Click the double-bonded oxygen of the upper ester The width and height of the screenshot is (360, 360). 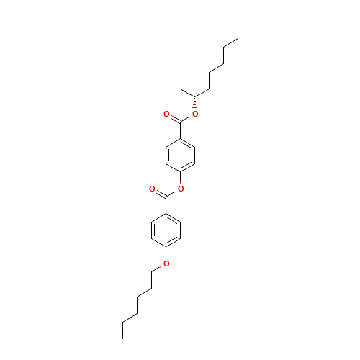pyautogui.click(x=166, y=114)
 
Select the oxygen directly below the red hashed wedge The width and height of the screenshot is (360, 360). pyautogui.click(x=195, y=114)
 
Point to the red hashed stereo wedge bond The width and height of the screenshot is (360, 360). pyautogui.click(x=195, y=105)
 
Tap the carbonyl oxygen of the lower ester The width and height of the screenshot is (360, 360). pyautogui.click(x=152, y=189)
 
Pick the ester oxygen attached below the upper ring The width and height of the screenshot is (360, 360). pyautogui.click(x=181, y=189)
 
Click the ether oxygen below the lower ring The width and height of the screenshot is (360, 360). pyautogui.click(x=166, y=264)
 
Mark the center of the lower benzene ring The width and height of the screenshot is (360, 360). pyautogui.click(x=166, y=230)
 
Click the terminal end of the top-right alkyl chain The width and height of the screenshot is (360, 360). pyautogui.click(x=238, y=39)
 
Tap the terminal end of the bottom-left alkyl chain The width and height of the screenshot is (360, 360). pyautogui.click(x=123, y=321)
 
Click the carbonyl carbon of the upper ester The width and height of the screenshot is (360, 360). pyautogui.click(x=181, y=122)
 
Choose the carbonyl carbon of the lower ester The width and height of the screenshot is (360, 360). pyautogui.click(x=166, y=197)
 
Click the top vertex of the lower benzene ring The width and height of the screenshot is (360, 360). pyautogui.click(x=166, y=213)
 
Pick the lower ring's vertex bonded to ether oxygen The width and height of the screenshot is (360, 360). pyautogui.click(x=166, y=246)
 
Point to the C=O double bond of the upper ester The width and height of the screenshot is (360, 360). pyautogui.click(x=174, y=117)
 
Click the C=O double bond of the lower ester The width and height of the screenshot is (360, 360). pyautogui.click(x=159, y=192)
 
